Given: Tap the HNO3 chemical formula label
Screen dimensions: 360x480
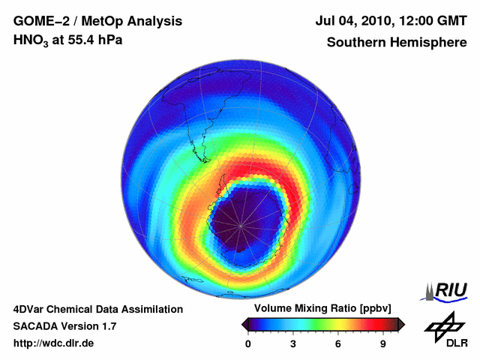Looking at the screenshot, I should click(x=34, y=40).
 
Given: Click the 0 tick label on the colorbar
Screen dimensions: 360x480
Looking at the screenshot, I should click(x=248, y=343).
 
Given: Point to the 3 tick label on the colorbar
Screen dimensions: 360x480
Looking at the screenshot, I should click(x=293, y=343).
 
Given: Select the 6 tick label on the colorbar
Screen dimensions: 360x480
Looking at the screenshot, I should click(x=338, y=343).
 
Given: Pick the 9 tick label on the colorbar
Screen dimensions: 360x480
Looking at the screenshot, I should click(x=383, y=343).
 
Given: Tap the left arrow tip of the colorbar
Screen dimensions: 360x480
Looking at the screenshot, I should click(x=243, y=324).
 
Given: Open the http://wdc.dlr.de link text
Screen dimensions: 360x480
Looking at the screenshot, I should click(x=54, y=343).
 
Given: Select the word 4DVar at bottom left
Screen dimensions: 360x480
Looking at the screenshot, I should click(x=30, y=309).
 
